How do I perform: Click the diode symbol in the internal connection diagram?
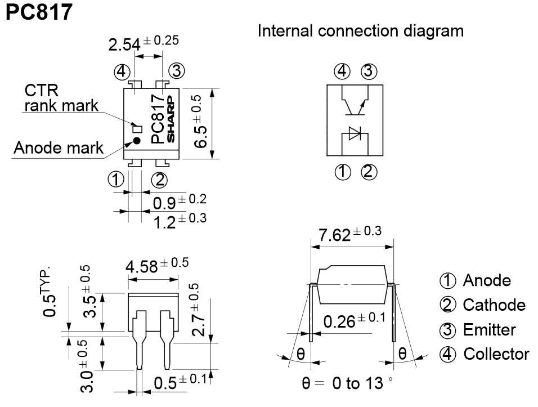coord(355,133)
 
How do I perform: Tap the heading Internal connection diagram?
coord(361,30)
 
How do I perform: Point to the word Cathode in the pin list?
coord(494,305)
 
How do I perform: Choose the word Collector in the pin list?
coord(496,354)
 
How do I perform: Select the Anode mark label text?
coord(59,148)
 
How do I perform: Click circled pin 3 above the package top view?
coord(176,71)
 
